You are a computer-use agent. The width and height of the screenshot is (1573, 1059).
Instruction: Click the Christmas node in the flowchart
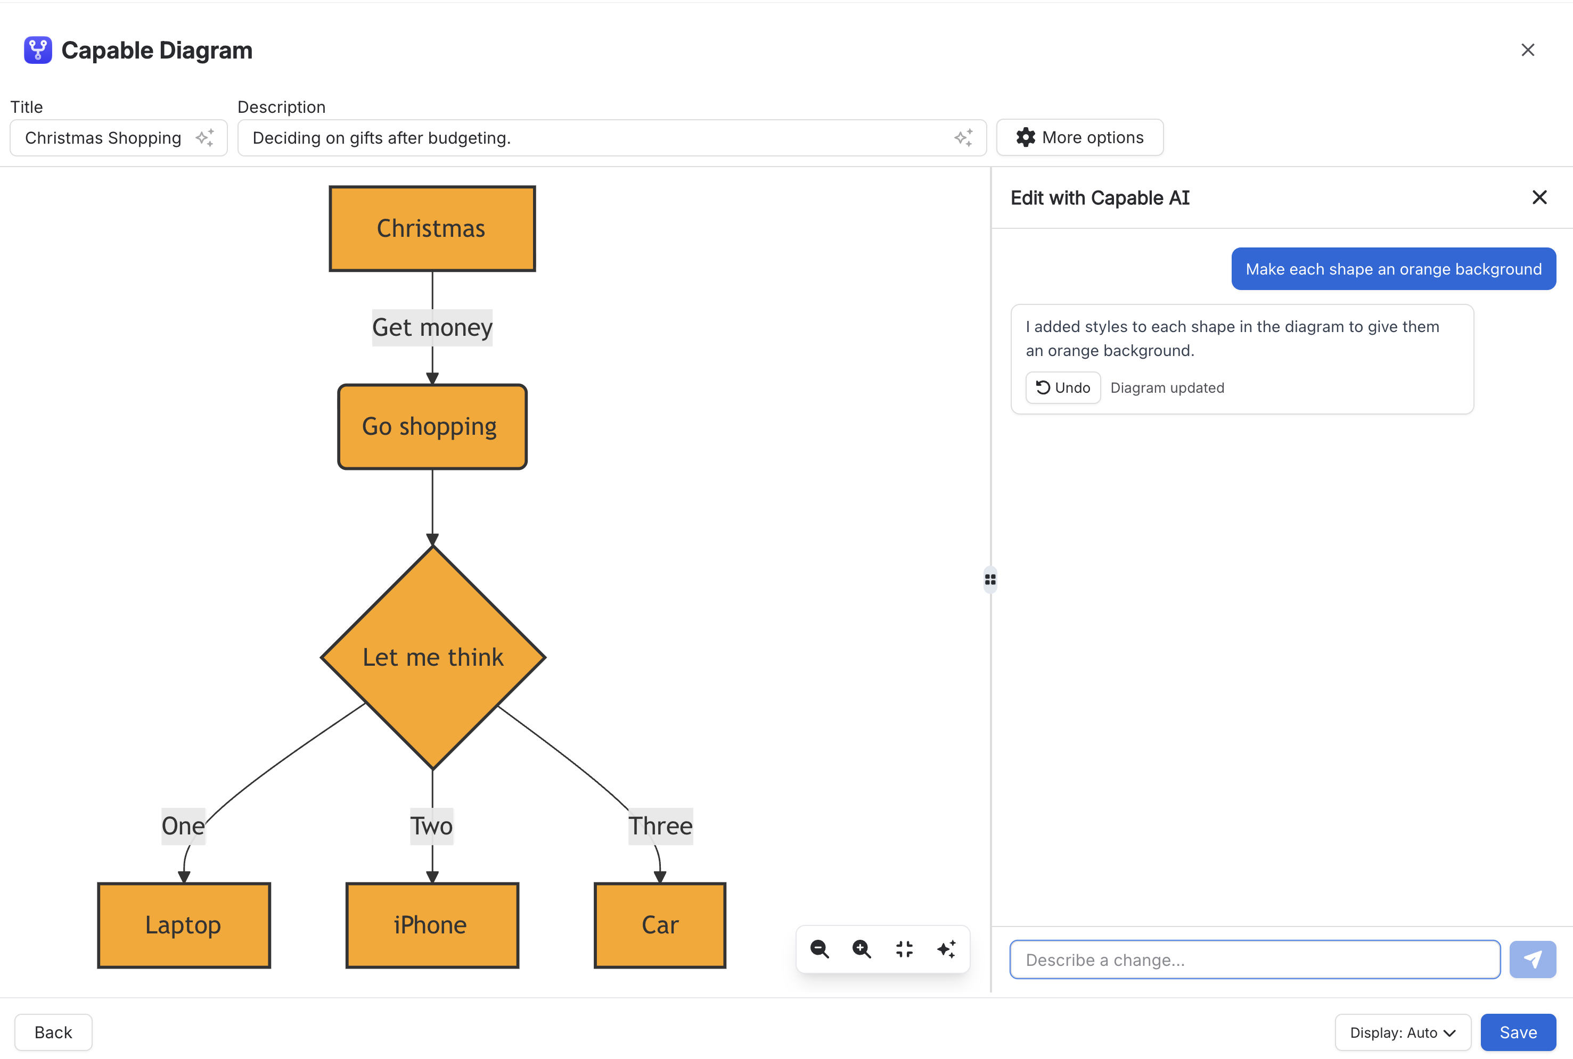(432, 229)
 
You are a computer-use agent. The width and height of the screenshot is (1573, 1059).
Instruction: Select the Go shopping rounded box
(432, 427)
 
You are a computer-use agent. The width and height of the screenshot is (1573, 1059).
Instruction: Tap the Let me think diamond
(433, 657)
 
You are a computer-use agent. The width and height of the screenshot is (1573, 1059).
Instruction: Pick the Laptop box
(184, 925)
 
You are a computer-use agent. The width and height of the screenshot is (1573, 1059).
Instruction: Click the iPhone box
(432, 925)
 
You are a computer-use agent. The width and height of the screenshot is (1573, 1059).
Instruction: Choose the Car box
(660, 925)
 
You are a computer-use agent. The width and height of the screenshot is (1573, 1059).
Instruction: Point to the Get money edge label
(432, 328)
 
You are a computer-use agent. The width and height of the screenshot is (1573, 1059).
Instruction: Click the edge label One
(183, 826)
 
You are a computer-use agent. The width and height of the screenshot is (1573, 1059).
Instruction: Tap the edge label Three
(661, 826)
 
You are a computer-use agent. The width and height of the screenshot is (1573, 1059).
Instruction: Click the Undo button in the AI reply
(1063, 387)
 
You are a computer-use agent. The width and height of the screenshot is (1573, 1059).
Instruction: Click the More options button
(1080, 138)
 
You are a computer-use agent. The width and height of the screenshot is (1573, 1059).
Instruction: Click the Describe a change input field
(1255, 959)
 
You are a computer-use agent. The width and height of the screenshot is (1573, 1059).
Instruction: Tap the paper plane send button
(1533, 959)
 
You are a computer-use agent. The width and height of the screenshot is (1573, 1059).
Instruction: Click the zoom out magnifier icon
(820, 949)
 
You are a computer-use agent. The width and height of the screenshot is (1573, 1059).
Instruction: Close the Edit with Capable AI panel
(1539, 197)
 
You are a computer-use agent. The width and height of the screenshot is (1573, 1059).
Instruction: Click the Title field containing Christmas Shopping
(119, 138)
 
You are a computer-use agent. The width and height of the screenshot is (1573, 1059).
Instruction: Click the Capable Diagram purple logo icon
(38, 50)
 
